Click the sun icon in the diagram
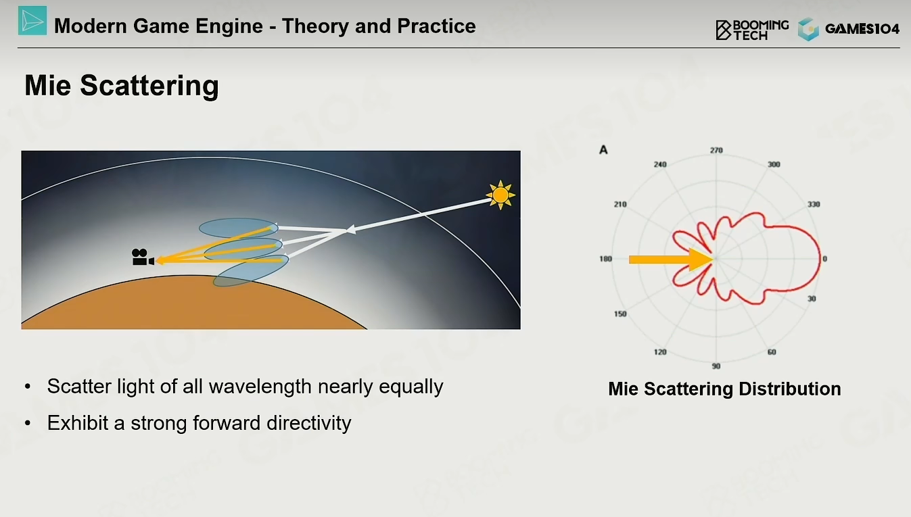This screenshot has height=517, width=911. pyautogui.click(x=500, y=195)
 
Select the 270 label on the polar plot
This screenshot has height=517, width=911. pyautogui.click(x=716, y=151)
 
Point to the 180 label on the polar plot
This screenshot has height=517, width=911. pyautogui.click(x=605, y=259)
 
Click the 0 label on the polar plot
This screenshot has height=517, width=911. pyautogui.click(x=825, y=259)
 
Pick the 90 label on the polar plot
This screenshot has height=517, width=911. pyautogui.click(x=716, y=366)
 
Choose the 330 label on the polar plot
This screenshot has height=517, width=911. pyautogui.click(x=814, y=204)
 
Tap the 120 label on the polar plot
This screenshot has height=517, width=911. pyautogui.click(x=660, y=352)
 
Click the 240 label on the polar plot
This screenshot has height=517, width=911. pyautogui.click(x=660, y=164)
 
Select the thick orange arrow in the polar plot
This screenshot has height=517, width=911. pyautogui.click(x=671, y=260)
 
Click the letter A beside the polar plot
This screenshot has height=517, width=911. pyautogui.click(x=603, y=150)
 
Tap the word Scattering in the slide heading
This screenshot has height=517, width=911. pyautogui.click(x=149, y=87)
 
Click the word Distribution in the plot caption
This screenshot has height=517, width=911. pyautogui.click(x=790, y=389)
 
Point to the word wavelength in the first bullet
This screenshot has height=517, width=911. pyautogui.click(x=260, y=387)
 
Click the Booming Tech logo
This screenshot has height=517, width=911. pyautogui.click(x=752, y=30)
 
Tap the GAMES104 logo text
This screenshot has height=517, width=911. pyautogui.click(x=862, y=29)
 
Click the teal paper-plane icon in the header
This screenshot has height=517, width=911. pyautogui.click(x=32, y=20)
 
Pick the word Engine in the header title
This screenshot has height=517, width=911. pyautogui.click(x=229, y=26)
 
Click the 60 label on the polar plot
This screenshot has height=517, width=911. pyautogui.click(x=772, y=352)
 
